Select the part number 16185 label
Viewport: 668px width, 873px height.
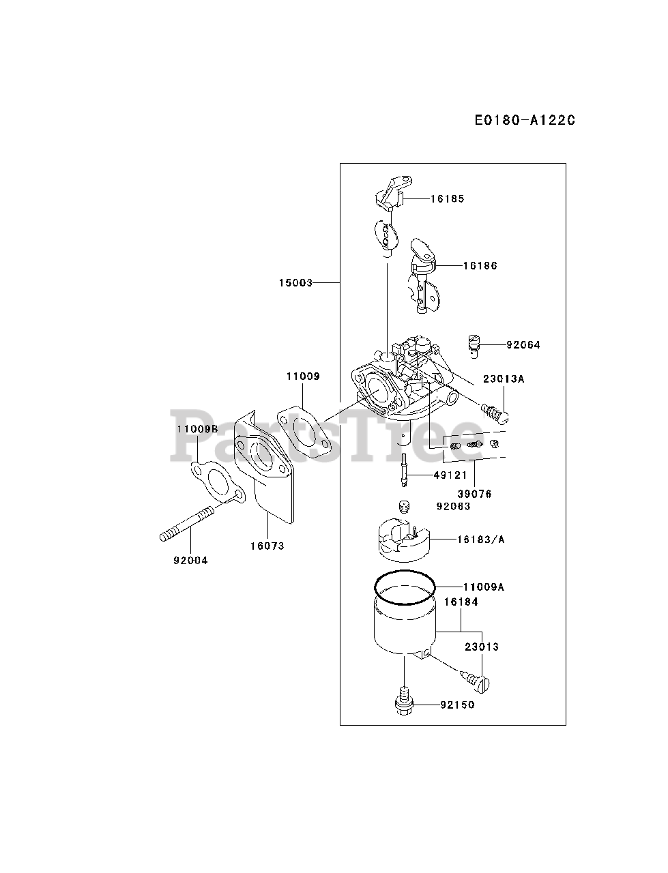point(447,199)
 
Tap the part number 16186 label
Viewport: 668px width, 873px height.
point(480,266)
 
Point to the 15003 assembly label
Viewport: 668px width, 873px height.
point(295,282)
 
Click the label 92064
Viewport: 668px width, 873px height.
point(523,345)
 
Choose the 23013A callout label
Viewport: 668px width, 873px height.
point(504,379)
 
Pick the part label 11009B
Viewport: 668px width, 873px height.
point(197,429)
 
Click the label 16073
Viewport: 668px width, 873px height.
point(267,546)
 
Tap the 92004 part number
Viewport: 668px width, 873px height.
point(190,561)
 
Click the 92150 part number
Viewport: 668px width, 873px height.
point(457,705)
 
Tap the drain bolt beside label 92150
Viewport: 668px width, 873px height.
point(405,703)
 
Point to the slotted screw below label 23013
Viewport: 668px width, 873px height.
point(481,679)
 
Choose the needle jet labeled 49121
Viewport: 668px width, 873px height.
point(405,471)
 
